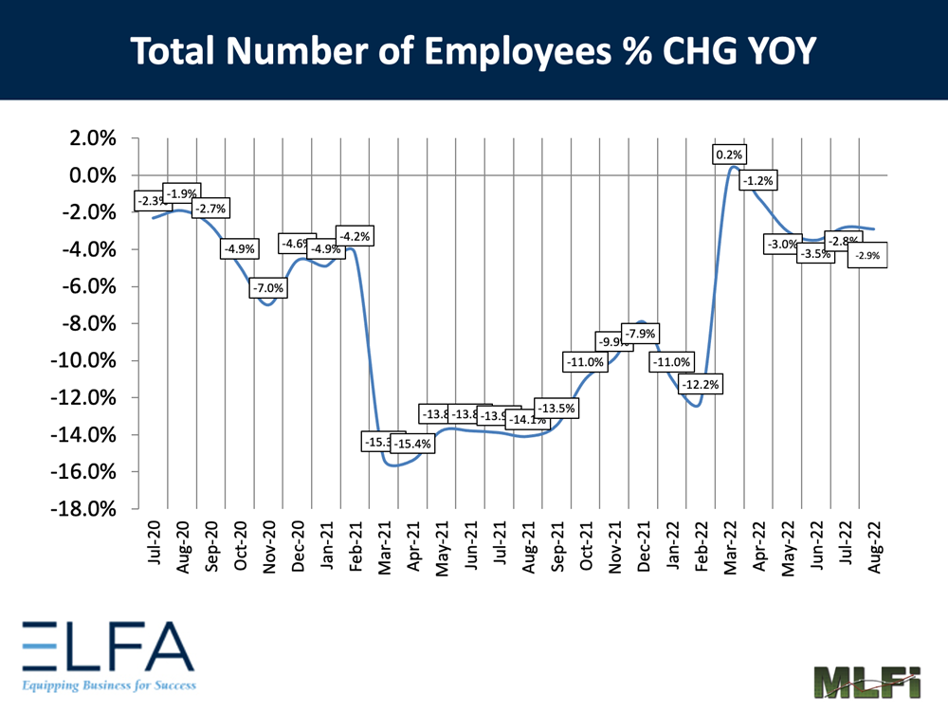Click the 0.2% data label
click(730, 155)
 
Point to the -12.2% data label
click(702, 384)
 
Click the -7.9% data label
click(639, 334)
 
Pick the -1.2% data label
click(759, 180)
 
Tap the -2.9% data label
click(867, 256)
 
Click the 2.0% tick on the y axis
click(90, 138)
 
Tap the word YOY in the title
click(775, 50)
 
